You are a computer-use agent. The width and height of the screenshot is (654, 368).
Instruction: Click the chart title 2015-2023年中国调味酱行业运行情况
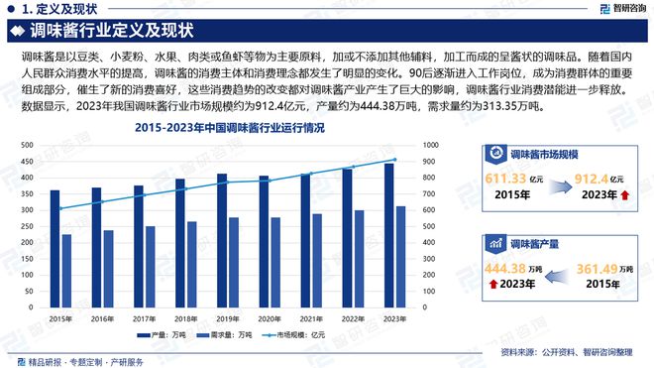click(229, 128)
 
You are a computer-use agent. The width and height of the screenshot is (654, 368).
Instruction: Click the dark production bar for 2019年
click(222, 243)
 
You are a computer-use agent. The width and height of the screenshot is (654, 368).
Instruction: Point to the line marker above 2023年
click(394, 160)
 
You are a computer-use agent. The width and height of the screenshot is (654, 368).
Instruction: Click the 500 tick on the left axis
click(27, 145)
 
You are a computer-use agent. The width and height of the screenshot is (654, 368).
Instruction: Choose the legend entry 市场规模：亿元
click(297, 335)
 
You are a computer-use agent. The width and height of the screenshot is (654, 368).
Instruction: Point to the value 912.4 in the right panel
click(598, 177)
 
